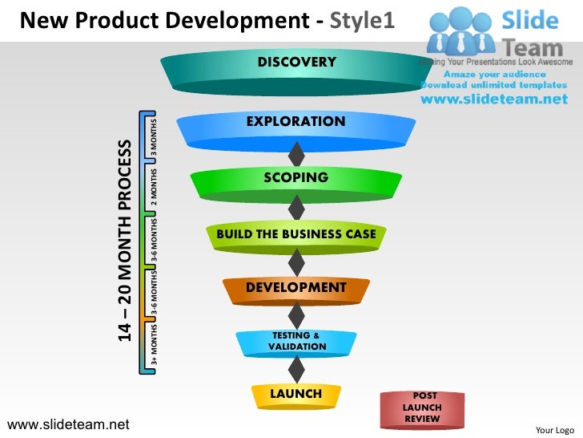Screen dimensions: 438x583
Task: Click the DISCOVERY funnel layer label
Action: pyautogui.click(x=296, y=63)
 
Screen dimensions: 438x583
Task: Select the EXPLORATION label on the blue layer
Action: pyautogui.click(x=296, y=122)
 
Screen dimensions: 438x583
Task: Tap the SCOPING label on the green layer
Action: pyautogui.click(x=296, y=177)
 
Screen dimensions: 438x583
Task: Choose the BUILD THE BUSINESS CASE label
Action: pyautogui.click(x=296, y=234)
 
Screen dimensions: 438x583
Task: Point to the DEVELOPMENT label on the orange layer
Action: pyautogui.click(x=296, y=287)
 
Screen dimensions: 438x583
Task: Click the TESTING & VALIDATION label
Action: pyautogui.click(x=296, y=341)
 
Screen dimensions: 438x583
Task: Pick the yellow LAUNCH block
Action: pyautogui.click(x=296, y=394)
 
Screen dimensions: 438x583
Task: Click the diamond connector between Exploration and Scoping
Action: pyautogui.click(x=296, y=152)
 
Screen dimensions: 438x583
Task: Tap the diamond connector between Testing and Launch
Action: pyautogui.click(x=296, y=368)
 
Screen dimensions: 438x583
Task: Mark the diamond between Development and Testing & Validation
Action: pyautogui.click(x=296, y=314)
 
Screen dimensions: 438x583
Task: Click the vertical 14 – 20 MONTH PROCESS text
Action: pyautogui.click(x=124, y=241)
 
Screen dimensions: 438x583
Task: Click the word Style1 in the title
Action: pyautogui.click(x=362, y=18)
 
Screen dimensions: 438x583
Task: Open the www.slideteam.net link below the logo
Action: pyautogui.click(x=493, y=99)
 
